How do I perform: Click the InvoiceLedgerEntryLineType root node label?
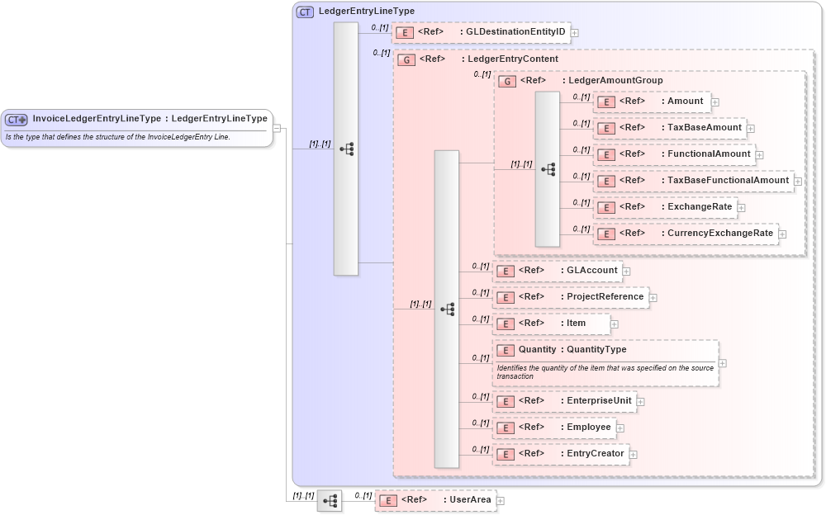(150, 119)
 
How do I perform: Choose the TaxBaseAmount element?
(670, 128)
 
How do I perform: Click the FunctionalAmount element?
(674, 154)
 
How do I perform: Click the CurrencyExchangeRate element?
(685, 234)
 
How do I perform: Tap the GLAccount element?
(557, 270)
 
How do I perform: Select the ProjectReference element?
(570, 296)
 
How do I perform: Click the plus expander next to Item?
(614, 324)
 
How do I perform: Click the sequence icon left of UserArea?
(330, 500)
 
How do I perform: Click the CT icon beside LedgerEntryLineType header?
(305, 12)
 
